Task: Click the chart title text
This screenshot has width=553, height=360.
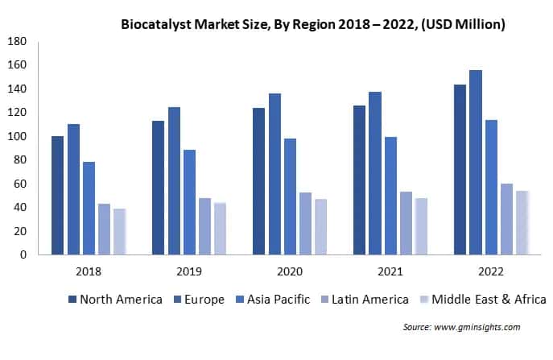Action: click(x=313, y=24)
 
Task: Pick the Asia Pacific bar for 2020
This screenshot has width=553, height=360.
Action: click(x=290, y=197)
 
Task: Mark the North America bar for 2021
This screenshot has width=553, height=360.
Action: click(x=360, y=180)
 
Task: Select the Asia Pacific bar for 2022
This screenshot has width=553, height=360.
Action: click(x=491, y=188)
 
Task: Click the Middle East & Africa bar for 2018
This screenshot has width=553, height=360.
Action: click(x=119, y=232)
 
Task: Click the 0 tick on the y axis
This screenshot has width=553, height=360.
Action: click(x=23, y=255)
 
